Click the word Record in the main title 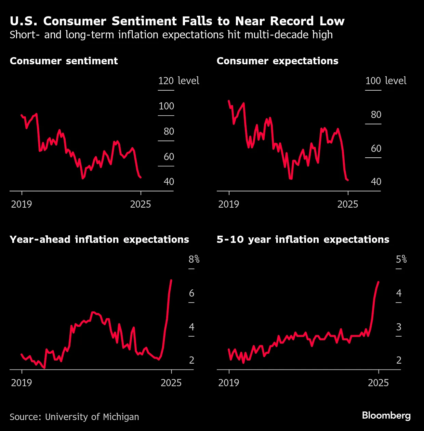292,21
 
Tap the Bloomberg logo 386,415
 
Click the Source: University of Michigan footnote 74,417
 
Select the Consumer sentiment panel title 64,61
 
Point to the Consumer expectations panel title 277,61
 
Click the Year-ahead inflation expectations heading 99,239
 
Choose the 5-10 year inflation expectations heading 303,239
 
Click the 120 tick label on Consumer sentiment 166,81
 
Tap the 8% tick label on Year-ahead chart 194,259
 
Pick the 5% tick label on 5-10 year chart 401,259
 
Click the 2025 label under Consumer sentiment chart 141,204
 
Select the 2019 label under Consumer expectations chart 228,204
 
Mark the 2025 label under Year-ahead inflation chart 171,382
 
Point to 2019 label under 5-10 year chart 228,382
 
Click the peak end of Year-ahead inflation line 171,280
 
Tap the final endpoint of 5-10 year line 378,282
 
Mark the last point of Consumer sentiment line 141,178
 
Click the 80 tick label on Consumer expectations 376,115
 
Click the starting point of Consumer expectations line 228,101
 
